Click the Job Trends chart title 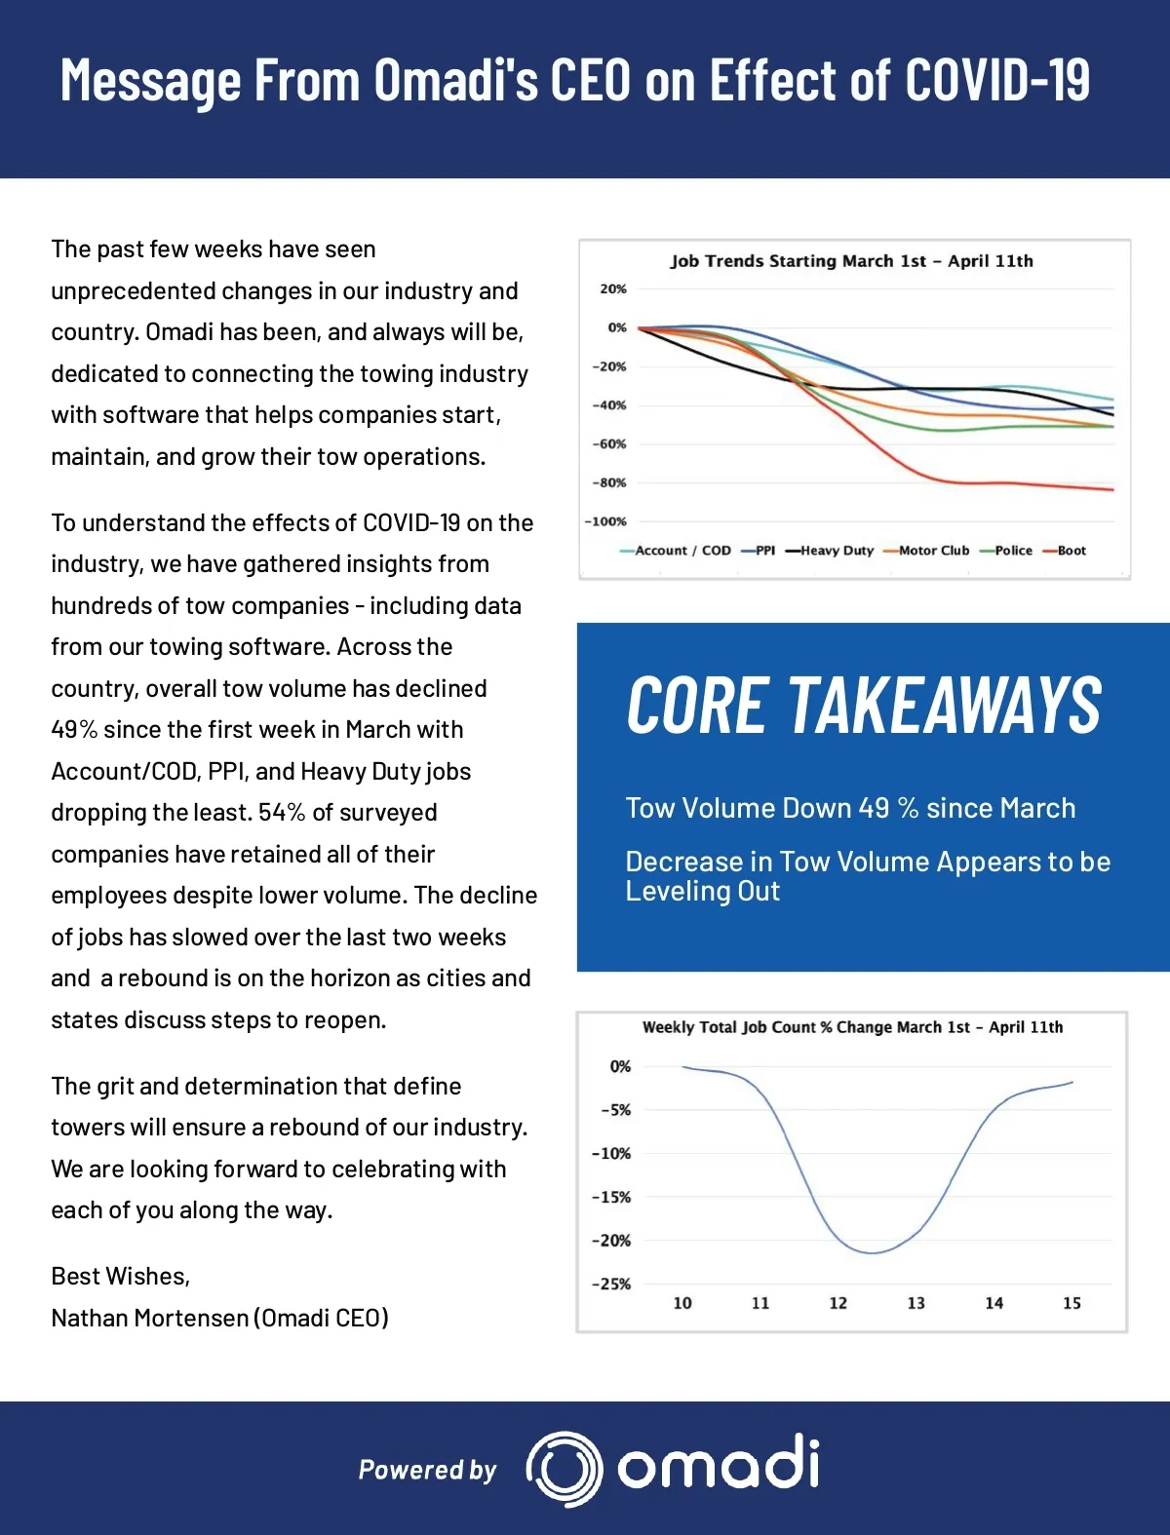pyautogui.click(x=851, y=261)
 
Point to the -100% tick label pyautogui.click(x=605, y=521)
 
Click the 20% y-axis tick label pyautogui.click(x=613, y=289)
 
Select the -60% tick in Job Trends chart pyautogui.click(x=609, y=444)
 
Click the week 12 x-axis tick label pyautogui.click(x=838, y=1303)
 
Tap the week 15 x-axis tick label pyautogui.click(x=1072, y=1303)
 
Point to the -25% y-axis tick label pyautogui.click(x=611, y=1285)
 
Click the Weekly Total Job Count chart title pyautogui.click(x=852, y=1027)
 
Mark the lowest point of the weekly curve pyautogui.click(x=871, y=1253)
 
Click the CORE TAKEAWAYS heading pyautogui.click(x=864, y=706)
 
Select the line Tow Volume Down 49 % pyautogui.click(x=850, y=808)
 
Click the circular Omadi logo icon pyautogui.click(x=564, y=1469)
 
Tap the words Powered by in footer pyautogui.click(x=427, y=1470)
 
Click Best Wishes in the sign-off pyautogui.click(x=120, y=1276)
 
